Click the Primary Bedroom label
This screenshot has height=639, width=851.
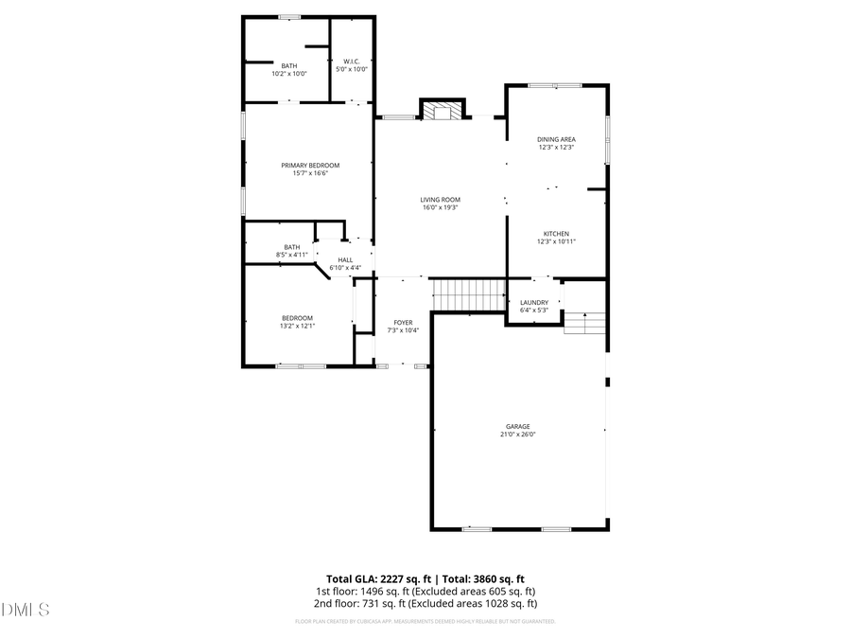coord(309,166)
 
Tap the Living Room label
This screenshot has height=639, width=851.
coord(441,200)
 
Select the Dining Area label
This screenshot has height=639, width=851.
coord(556,139)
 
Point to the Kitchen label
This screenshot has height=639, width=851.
coord(556,234)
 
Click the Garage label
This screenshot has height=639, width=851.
coord(517,427)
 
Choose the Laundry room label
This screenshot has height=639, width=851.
coord(534,303)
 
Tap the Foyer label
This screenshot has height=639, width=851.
coord(403,323)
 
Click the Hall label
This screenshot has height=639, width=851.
coord(345,260)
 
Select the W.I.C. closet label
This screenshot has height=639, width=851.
coord(351,62)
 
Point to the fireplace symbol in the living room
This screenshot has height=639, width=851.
coord(442,111)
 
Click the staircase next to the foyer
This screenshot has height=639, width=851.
coord(469,294)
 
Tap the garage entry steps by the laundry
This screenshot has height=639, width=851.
coord(584,323)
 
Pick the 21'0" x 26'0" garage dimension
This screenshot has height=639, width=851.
coord(517,435)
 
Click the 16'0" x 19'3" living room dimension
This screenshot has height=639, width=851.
coord(441,207)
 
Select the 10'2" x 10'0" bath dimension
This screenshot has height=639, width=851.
coord(288,73)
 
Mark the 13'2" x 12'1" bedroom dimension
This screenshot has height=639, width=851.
coord(297,326)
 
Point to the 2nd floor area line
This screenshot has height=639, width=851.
coord(425,603)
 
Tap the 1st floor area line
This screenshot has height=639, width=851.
coord(425,591)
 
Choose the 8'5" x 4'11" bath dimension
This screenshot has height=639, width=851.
coord(292,255)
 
